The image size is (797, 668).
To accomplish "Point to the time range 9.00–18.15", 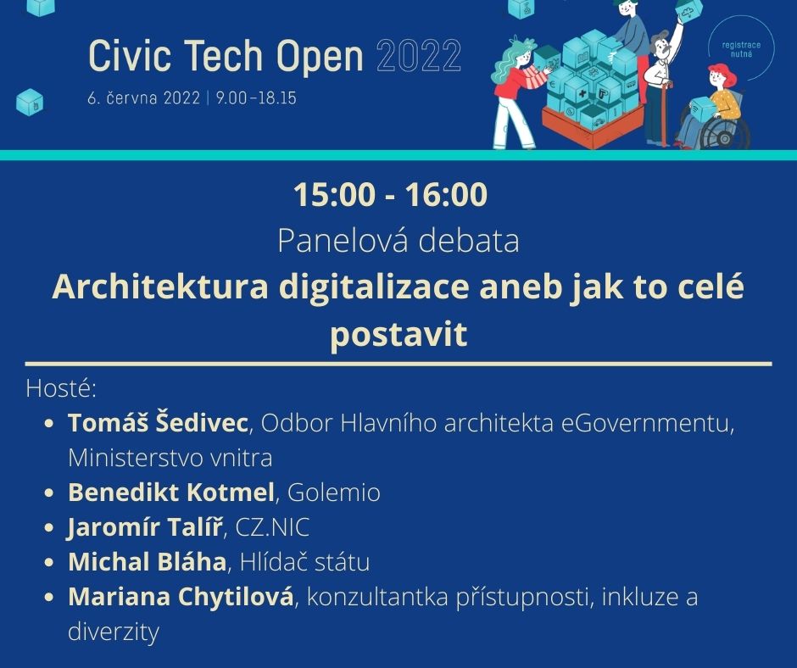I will click(x=256, y=98).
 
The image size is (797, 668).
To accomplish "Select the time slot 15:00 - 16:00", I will click(x=391, y=195).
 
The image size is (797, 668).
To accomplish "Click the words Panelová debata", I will click(x=398, y=242).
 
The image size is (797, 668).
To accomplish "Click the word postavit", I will click(x=398, y=335).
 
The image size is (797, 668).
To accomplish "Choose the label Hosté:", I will click(x=62, y=389).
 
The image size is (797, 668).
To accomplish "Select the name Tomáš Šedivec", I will click(x=159, y=423).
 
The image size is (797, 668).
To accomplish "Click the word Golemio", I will click(x=334, y=493).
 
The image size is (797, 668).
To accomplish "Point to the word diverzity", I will click(x=114, y=632).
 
